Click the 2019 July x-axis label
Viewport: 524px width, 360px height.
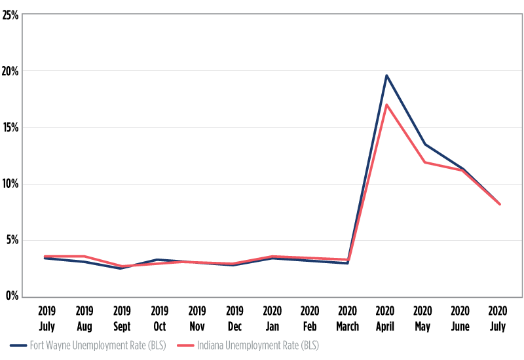46,318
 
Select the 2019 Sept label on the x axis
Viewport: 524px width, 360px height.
122,318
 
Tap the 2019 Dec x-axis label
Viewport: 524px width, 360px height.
235,318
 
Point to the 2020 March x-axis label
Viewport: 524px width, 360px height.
348,318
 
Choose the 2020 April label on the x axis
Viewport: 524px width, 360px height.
386,318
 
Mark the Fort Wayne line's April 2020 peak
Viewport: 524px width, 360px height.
386,75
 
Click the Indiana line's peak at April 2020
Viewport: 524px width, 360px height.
386,105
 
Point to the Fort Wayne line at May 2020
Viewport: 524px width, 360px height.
424,144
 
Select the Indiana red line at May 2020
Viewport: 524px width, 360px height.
424,162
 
